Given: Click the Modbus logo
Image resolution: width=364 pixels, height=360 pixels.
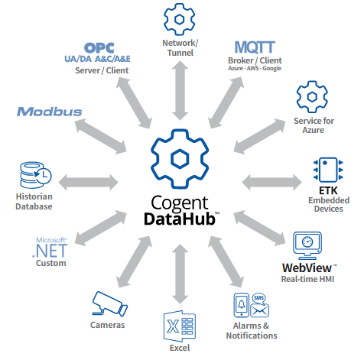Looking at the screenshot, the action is tap(50, 112).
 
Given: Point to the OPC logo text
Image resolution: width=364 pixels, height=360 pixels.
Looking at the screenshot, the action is tap(99, 48).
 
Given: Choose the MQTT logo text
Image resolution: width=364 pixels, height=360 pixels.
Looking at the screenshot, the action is tap(255, 47).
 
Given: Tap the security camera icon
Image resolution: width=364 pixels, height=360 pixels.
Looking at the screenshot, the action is tap(109, 303).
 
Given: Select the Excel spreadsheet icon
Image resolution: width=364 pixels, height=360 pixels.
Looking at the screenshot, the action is tap(180, 326).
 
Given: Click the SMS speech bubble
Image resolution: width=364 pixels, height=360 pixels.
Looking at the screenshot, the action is tap(258, 297).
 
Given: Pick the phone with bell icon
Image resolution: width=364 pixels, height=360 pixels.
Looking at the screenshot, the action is tap(241, 305).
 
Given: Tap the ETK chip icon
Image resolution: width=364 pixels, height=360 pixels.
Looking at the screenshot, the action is tap(328, 170).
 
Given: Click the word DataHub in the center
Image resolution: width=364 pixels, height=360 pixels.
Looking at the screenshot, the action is tap(180, 219).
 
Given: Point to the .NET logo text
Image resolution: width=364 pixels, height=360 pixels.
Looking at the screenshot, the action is tap(50, 251).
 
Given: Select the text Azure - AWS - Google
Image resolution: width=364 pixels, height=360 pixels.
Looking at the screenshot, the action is tap(255, 68).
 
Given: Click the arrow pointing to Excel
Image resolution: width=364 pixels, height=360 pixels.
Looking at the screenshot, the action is tap(180, 274).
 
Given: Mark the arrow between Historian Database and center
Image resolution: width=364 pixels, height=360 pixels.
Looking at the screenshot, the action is tap(88, 183).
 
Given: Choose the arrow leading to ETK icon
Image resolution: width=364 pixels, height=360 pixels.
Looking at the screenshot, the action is tap(271, 183).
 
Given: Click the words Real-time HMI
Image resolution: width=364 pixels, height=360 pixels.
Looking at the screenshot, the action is tap(307, 279).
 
